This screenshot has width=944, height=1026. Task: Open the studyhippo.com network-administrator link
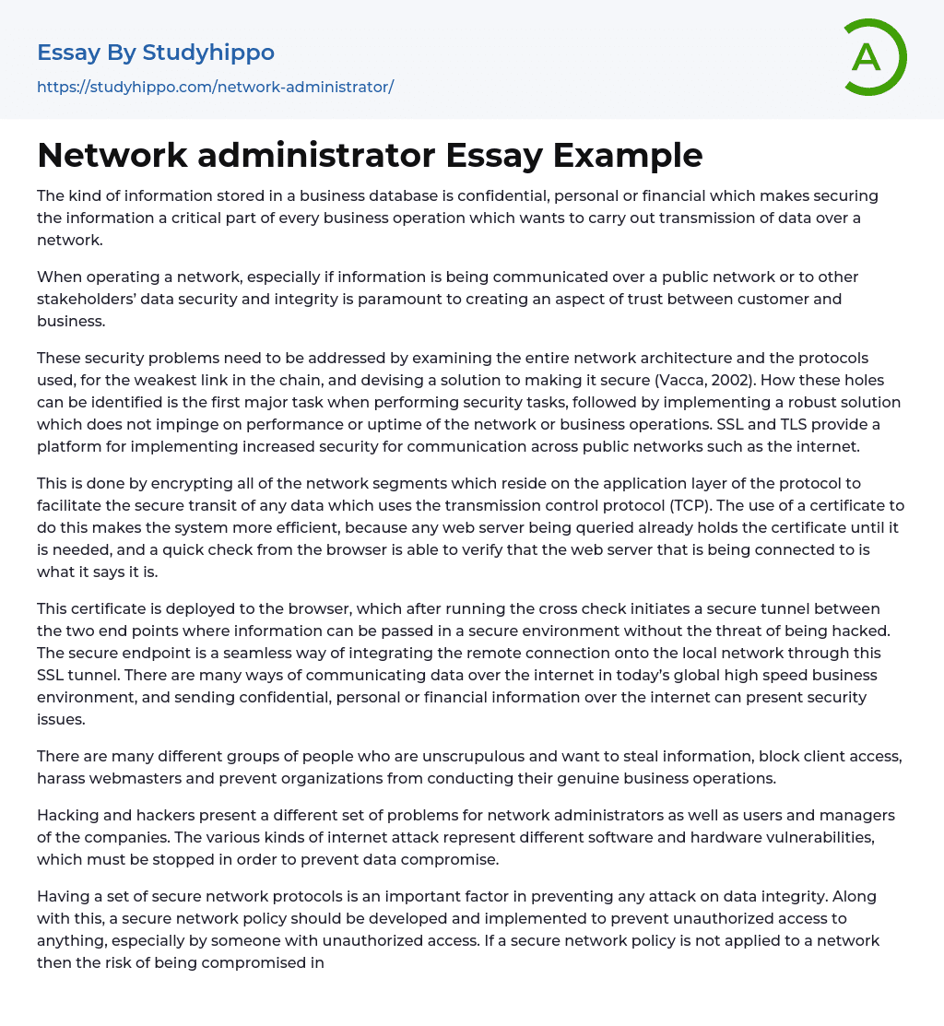(x=215, y=87)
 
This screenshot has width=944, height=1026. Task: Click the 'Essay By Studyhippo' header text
(x=156, y=53)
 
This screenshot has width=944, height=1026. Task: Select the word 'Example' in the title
(x=628, y=156)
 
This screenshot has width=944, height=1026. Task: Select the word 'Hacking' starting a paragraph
(x=67, y=815)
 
